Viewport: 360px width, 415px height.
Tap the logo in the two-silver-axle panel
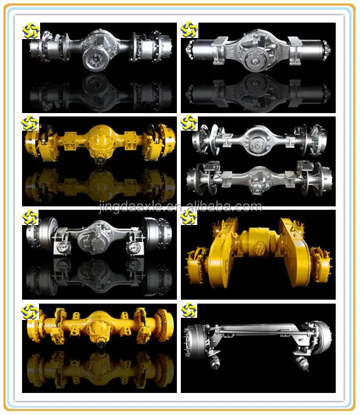189,123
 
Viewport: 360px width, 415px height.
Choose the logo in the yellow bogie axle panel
189,217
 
